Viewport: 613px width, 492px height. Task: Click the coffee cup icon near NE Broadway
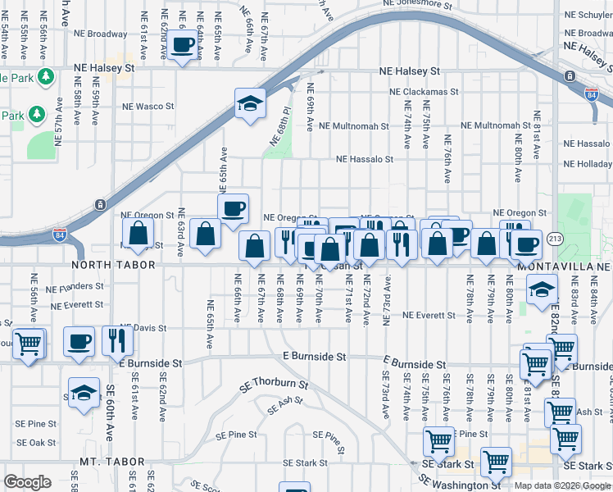click(184, 44)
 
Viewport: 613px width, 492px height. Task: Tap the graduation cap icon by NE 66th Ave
click(250, 104)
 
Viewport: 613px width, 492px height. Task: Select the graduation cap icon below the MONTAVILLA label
click(541, 290)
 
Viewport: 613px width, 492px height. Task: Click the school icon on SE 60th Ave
click(84, 394)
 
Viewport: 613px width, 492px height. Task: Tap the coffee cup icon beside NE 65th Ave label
click(234, 208)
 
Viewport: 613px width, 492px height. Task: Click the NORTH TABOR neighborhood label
click(107, 266)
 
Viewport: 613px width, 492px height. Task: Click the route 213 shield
click(555, 238)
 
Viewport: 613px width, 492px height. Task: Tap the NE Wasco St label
click(148, 107)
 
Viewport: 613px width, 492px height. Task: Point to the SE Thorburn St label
click(274, 385)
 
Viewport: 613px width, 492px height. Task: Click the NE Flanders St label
click(75, 288)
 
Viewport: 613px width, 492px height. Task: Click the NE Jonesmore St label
click(417, 5)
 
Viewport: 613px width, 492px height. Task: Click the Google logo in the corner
click(28, 482)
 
